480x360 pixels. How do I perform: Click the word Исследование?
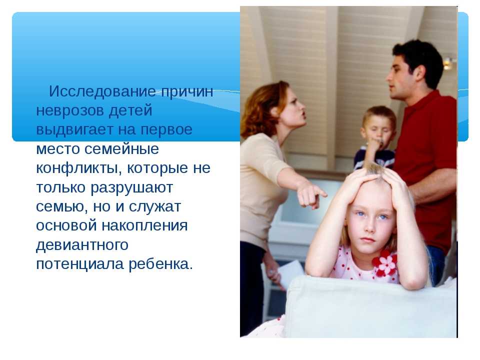pos(102,91)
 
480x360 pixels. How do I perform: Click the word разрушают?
pos(132,187)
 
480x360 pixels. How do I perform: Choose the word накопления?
pos(144,226)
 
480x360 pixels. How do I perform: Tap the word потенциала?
pos(79,264)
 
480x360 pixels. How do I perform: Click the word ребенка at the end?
pos(161,264)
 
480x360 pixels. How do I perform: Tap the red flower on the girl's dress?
pos(385,263)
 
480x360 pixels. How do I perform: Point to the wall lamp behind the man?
pos(449,63)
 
